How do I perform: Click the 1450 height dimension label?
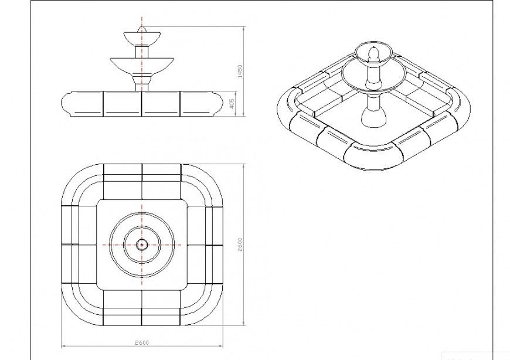click(x=239, y=72)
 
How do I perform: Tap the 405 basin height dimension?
click(x=232, y=104)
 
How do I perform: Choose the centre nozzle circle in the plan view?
click(x=142, y=244)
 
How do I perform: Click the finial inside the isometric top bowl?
click(x=373, y=54)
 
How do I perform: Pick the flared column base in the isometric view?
click(x=373, y=118)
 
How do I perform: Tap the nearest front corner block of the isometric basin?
click(x=372, y=158)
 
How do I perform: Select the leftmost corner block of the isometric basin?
click(x=288, y=111)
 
